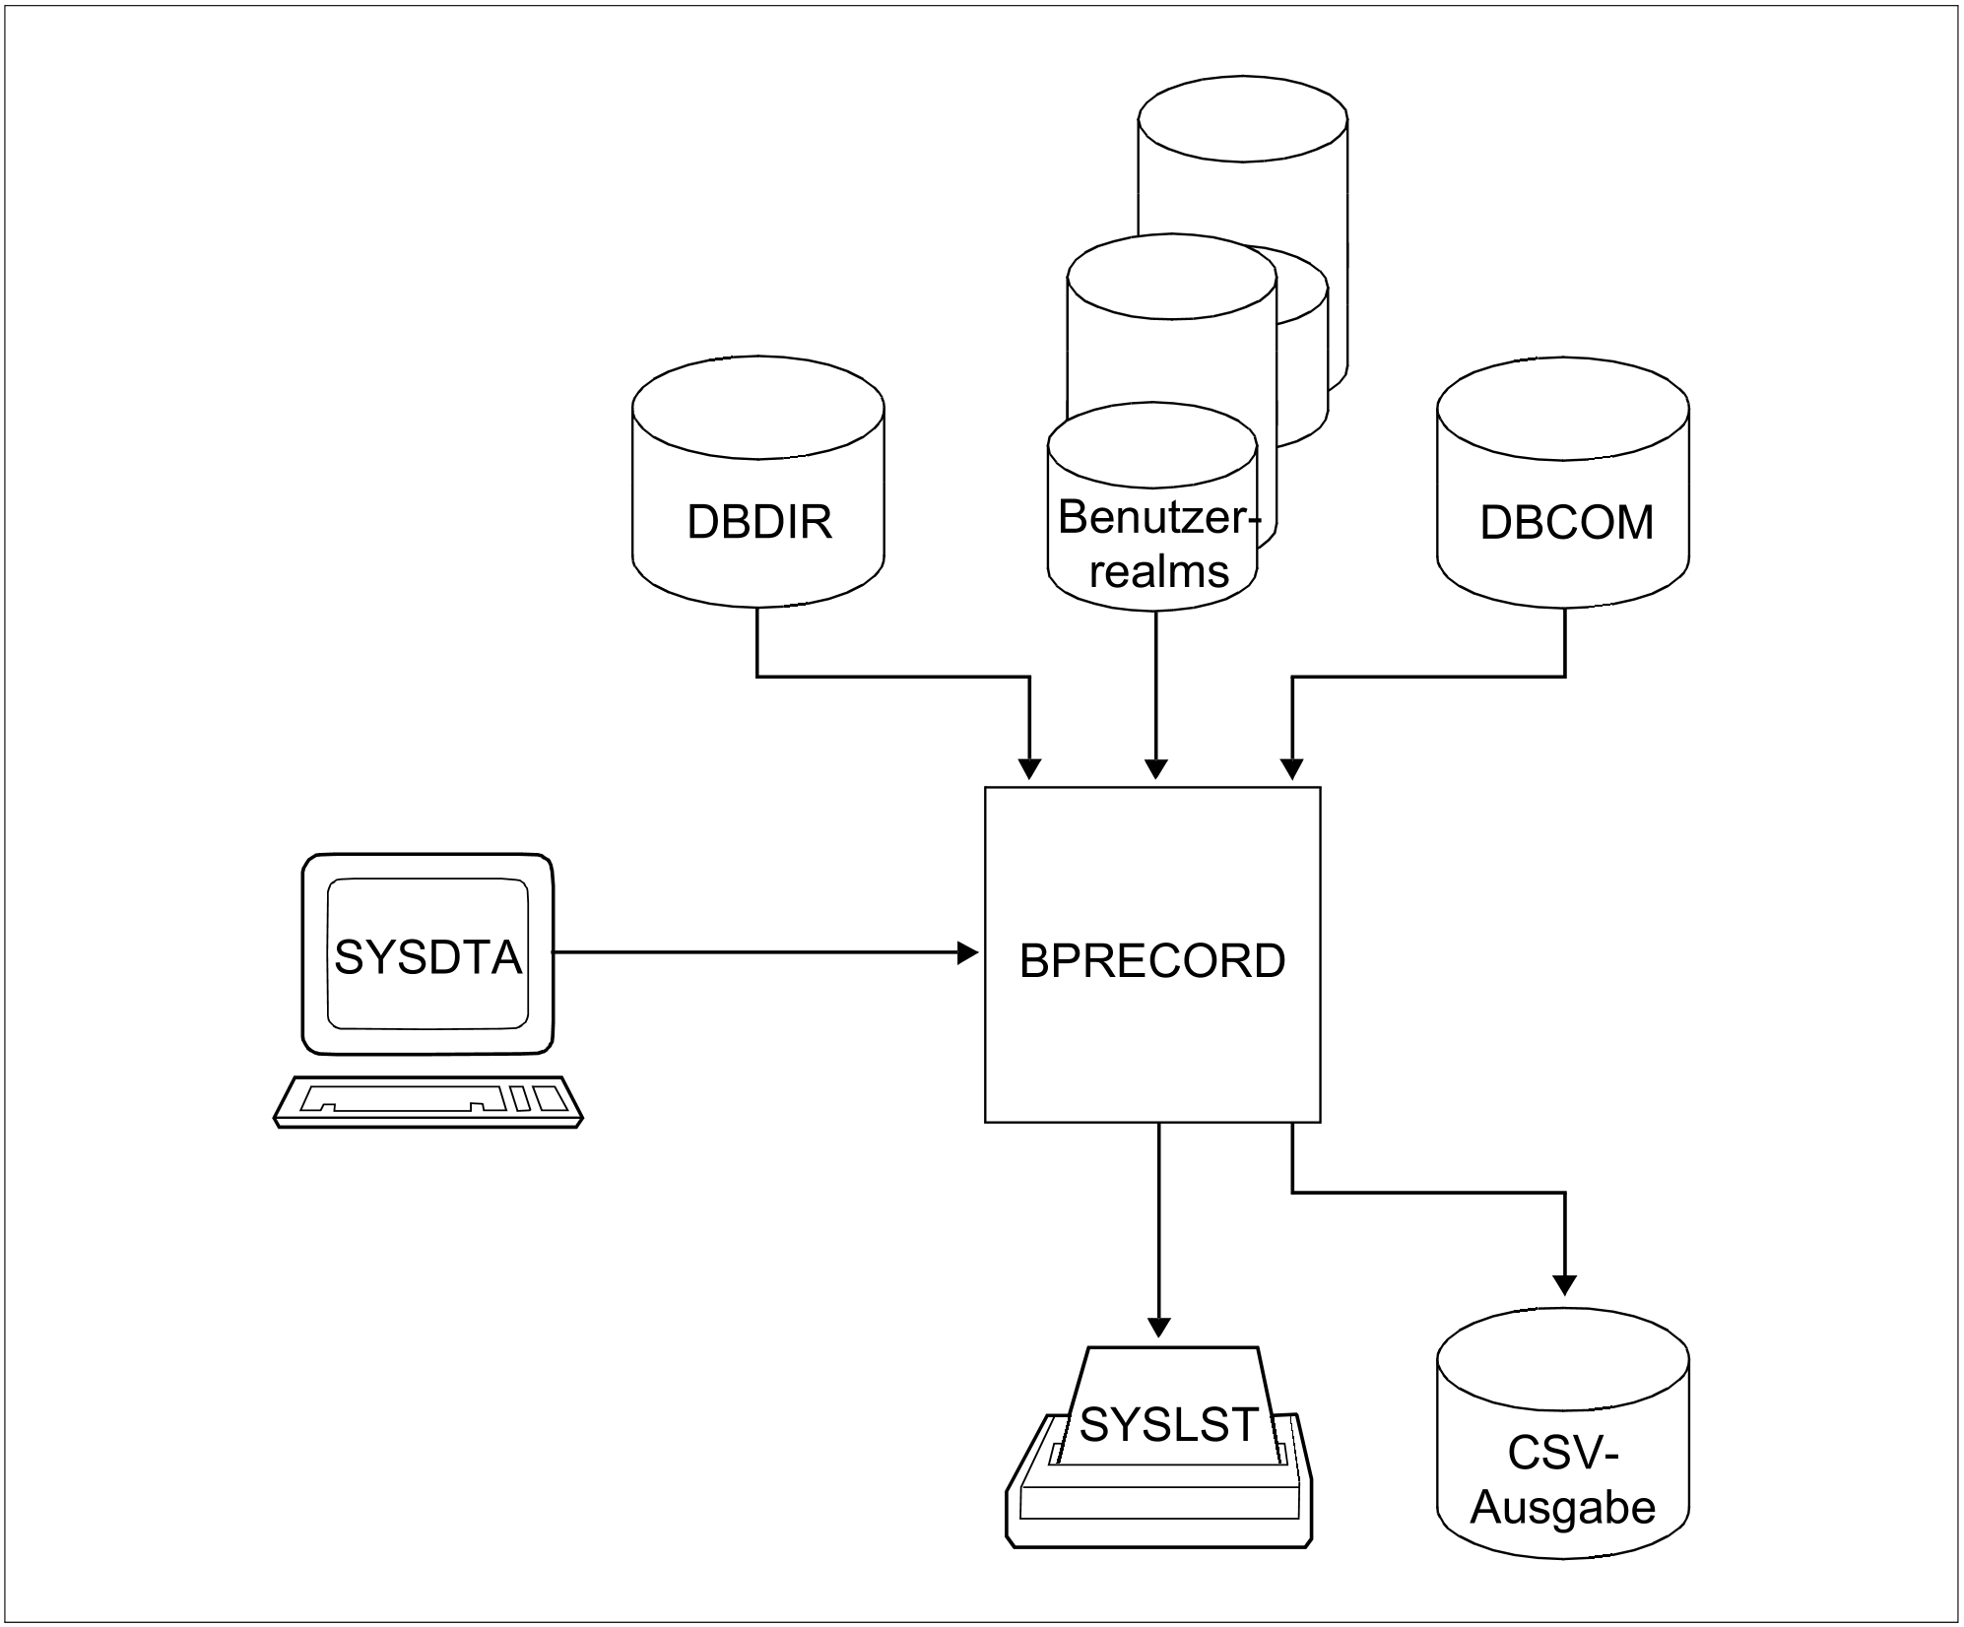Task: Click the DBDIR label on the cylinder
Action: click(x=758, y=522)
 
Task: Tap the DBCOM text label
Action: click(x=1566, y=522)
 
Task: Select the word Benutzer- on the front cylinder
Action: click(x=1157, y=518)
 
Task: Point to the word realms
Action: click(x=1158, y=571)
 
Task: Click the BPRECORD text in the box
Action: click(x=1151, y=961)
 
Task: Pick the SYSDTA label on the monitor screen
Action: click(x=427, y=956)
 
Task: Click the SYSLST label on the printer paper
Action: click(x=1168, y=1424)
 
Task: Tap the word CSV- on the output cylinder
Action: click(x=1563, y=1454)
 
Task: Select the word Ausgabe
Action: click(x=1562, y=1508)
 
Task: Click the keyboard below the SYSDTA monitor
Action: click(x=428, y=1101)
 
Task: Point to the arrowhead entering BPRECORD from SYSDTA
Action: click(x=969, y=952)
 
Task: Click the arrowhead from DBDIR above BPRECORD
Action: click(x=1029, y=769)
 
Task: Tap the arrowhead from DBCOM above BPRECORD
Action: click(x=1291, y=769)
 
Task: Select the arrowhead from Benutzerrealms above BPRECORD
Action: click(x=1156, y=769)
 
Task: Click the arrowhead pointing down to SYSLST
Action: click(x=1159, y=1327)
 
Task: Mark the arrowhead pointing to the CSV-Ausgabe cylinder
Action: click(x=1564, y=1285)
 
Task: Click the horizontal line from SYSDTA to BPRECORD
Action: click(x=758, y=952)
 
